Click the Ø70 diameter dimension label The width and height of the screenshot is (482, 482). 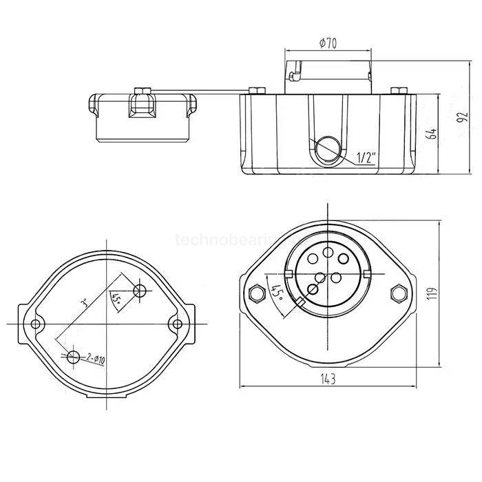point(328,44)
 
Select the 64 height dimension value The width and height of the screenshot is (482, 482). point(432,133)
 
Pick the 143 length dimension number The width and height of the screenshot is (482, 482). point(328,378)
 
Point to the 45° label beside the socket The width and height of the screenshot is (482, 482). point(276,294)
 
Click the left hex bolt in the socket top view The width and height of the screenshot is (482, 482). point(257,293)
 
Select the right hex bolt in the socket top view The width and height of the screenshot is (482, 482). point(398,293)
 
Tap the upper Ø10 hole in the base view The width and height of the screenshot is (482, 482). point(140,290)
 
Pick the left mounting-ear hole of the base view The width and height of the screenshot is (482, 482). point(36,323)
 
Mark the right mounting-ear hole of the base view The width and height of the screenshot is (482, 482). point(178,323)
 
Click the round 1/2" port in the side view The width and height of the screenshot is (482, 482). point(326,149)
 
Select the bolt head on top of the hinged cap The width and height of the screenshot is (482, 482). point(144,91)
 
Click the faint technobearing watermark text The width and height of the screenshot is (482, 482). point(220,240)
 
